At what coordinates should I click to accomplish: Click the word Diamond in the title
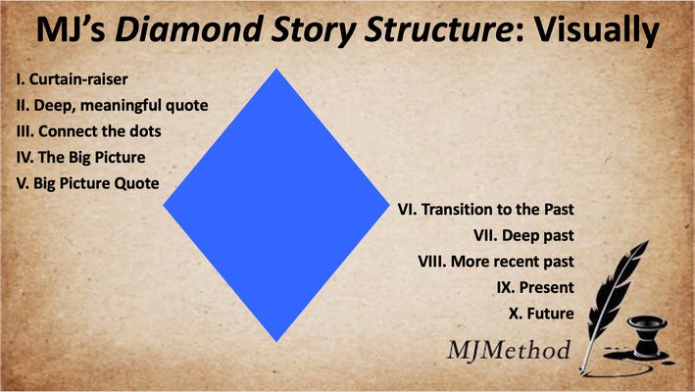coord(188,29)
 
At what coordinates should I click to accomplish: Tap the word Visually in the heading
coord(597,30)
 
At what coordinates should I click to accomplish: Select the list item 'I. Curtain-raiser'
coord(72,79)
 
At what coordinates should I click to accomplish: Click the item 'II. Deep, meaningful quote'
coord(112,106)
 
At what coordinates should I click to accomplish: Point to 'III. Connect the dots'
coord(88,131)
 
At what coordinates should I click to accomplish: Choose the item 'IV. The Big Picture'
coord(80,158)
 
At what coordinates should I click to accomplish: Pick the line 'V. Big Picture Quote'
coord(88,183)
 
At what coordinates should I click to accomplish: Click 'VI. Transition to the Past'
coord(486,209)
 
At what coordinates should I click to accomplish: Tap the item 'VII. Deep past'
coord(523,235)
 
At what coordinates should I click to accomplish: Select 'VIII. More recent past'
coord(496,262)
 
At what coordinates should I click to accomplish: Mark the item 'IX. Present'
coord(535,287)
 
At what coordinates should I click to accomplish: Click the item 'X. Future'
coord(541,314)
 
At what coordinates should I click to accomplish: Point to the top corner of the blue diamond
coord(276,70)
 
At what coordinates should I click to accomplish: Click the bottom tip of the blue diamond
coord(276,341)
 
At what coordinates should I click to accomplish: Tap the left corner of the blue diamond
coord(164,205)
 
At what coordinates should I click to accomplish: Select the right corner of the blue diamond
coord(389,205)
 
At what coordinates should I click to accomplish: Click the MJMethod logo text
coord(509,351)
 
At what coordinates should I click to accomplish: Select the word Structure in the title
coord(437,29)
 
